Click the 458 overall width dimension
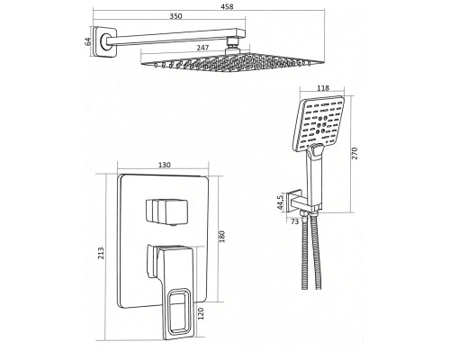click(228, 6)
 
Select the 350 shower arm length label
click(176, 16)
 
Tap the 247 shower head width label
click(203, 48)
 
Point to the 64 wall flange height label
click(87, 41)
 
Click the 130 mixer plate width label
click(164, 165)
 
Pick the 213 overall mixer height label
click(101, 253)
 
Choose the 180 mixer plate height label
click(222, 237)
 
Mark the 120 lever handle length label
click(201, 313)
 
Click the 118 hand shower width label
click(323, 88)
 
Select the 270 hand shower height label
click(355, 153)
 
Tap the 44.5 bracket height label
click(280, 202)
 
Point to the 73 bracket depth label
click(295, 221)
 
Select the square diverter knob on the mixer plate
click(166, 211)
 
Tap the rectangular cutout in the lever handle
click(179, 311)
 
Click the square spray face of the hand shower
click(319, 123)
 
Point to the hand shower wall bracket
click(295, 201)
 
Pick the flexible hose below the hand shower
click(310, 252)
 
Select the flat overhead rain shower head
click(232, 62)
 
